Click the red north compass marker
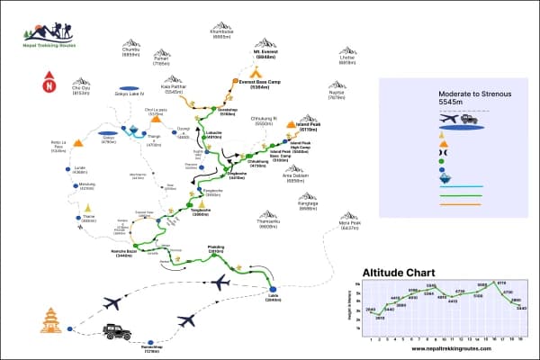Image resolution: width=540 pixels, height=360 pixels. [49, 85]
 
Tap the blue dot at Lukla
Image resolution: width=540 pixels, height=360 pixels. [272, 290]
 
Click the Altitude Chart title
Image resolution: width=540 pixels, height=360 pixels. [399, 273]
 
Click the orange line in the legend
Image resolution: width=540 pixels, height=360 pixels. [459, 204]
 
